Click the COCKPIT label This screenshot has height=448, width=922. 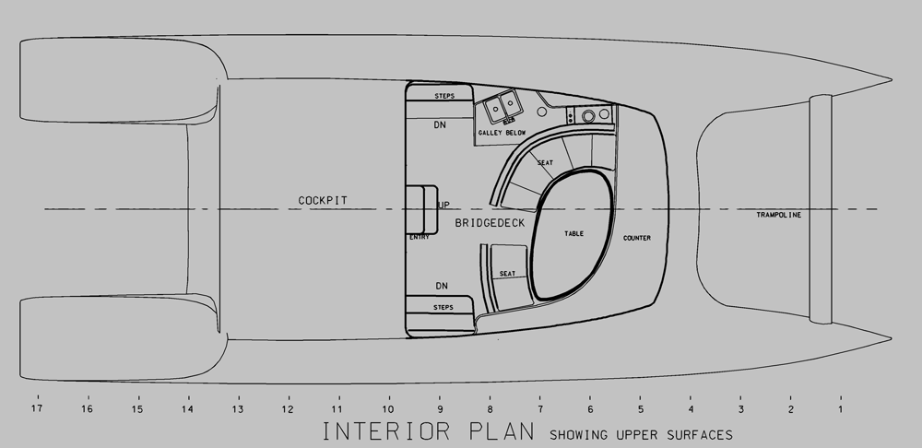tap(323, 200)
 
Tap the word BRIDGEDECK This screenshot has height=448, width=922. tap(490, 223)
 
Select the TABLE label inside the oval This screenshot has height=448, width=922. tap(573, 233)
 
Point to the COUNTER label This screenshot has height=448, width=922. tap(637, 238)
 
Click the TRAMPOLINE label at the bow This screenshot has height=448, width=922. tap(778, 215)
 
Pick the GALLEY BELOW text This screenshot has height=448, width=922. tap(502, 133)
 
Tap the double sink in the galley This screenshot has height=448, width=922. tap(502, 106)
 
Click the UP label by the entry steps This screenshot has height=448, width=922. tap(444, 205)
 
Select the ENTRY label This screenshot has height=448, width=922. tap(420, 237)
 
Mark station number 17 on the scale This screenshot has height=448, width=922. tap(37, 408)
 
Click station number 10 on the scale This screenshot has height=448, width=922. tap(388, 409)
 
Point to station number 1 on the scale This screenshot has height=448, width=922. tap(840, 409)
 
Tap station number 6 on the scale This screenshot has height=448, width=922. tap(590, 409)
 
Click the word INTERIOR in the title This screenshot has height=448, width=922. tap(386, 431)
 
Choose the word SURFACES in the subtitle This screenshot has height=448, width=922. tap(700, 435)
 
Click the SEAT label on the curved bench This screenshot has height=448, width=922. tap(545, 163)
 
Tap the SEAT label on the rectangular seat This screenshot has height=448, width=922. tap(507, 274)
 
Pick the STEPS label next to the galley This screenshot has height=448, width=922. tap(444, 96)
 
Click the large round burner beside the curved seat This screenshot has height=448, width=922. tap(588, 116)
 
